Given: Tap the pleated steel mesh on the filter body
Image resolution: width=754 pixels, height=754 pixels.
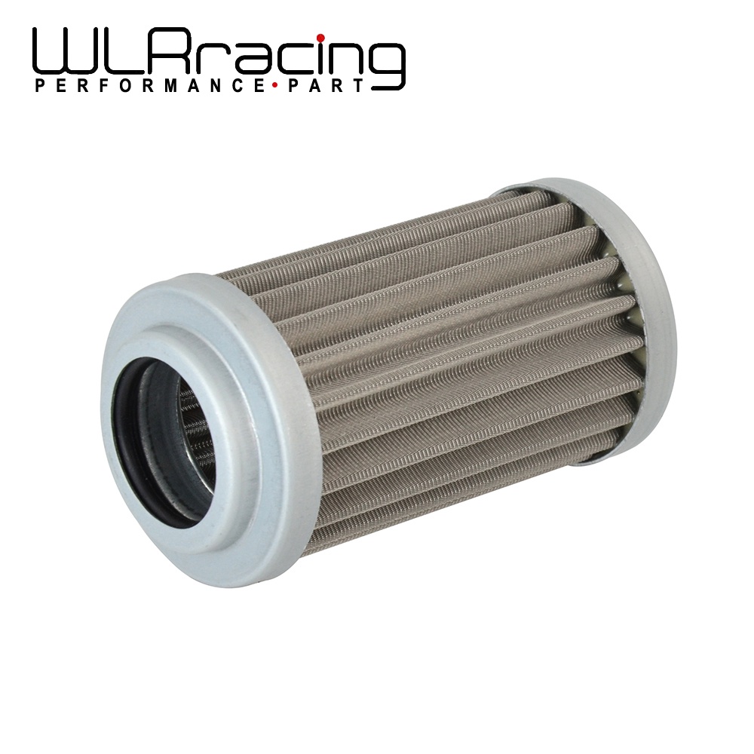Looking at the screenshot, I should (452, 362).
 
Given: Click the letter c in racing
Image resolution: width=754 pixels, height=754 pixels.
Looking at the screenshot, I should (290, 60).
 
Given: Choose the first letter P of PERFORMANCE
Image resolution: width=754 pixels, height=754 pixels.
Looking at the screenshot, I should (39, 86).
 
